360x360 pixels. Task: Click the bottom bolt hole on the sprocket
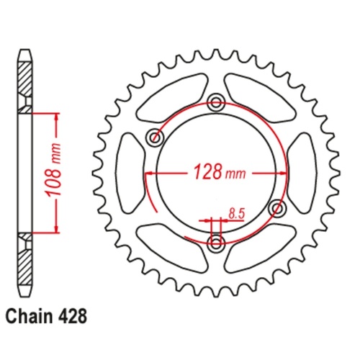tap(215, 243)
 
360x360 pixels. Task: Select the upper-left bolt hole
tap(153, 136)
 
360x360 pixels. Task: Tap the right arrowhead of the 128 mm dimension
tap(279, 174)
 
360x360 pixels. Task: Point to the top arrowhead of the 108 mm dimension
tap(54, 117)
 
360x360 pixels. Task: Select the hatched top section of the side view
tap(25, 79)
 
